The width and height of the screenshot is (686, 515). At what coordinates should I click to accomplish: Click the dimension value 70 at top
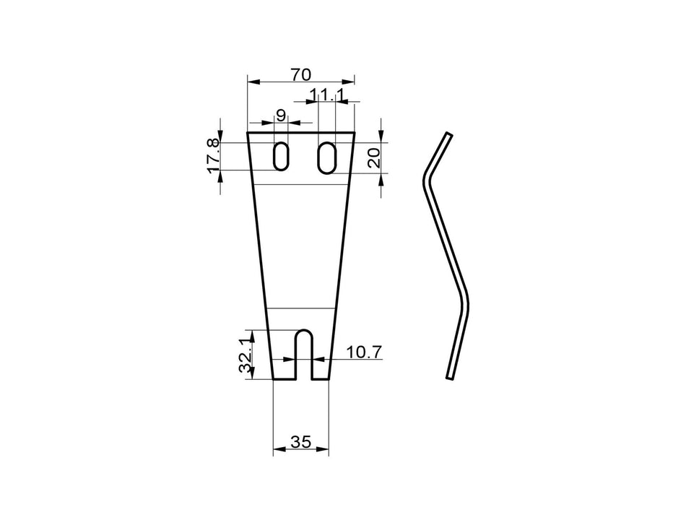pos(300,74)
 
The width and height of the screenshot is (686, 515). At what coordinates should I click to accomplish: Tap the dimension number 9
pos(281,116)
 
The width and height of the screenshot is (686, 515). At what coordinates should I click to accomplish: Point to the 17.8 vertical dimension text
pos(212,156)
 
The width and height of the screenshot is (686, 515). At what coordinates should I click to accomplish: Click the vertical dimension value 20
pos(373,157)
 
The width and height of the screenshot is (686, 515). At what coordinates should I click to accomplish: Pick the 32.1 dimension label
pos(246,354)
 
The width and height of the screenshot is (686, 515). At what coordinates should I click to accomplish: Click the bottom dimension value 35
pos(300,441)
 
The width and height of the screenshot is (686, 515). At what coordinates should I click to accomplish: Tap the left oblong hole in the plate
pos(280,156)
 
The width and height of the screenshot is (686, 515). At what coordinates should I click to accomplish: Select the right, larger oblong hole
pos(327,157)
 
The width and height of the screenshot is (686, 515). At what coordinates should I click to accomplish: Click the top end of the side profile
pos(448,135)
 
